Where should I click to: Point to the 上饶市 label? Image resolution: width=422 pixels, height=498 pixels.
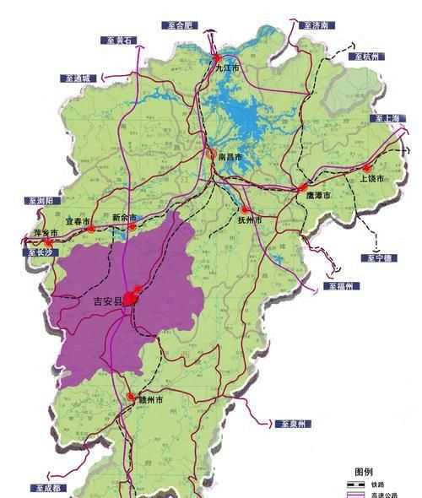(x=371, y=179)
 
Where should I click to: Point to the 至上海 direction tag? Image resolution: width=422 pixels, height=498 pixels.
(x=389, y=117)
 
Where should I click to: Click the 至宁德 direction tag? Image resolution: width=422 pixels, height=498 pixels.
(x=374, y=257)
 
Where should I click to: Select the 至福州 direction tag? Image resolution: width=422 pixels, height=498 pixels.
(x=343, y=287)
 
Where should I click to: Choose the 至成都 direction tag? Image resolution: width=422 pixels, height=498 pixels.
(x=47, y=488)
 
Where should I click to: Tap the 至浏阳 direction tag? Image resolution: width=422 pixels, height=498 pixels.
(x=39, y=201)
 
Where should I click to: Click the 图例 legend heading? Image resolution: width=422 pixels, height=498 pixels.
(x=365, y=471)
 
